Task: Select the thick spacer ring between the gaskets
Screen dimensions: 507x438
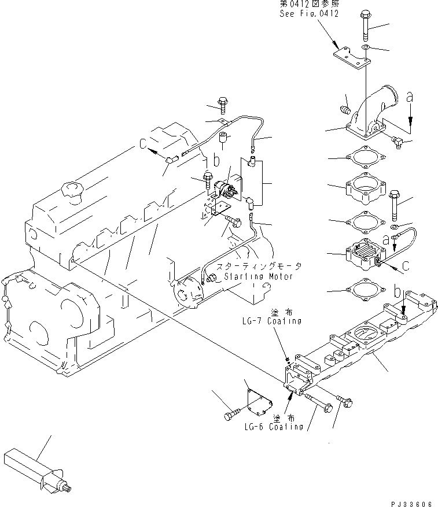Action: coord(366,188)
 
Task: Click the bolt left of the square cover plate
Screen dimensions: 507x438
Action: coord(230,415)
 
